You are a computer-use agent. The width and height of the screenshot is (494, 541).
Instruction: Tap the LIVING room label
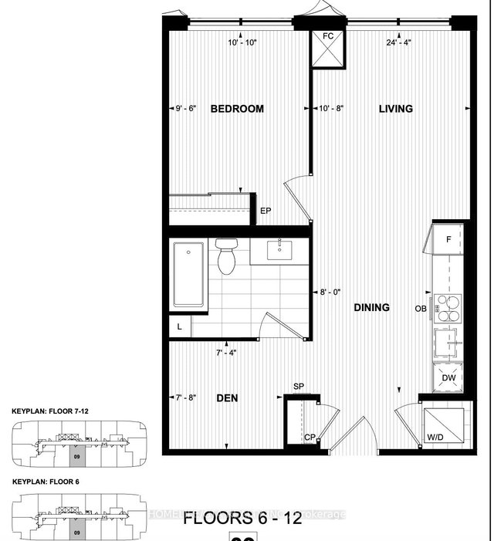[x=395, y=109]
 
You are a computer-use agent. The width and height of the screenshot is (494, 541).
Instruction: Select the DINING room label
[x=371, y=307]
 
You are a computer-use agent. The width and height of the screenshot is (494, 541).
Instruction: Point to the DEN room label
[x=227, y=399]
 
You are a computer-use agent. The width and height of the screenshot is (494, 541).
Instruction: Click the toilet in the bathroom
[x=226, y=257]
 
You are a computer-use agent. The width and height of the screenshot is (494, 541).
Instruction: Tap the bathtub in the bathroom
[x=188, y=275]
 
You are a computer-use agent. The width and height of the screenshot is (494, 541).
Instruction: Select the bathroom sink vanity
[x=278, y=251]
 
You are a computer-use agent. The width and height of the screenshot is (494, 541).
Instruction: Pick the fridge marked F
[x=448, y=239]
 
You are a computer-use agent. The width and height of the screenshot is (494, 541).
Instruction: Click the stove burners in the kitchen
[x=447, y=307]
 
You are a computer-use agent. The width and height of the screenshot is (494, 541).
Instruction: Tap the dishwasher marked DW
[x=448, y=377]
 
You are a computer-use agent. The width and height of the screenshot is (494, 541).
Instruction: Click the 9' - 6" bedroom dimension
[x=186, y=109]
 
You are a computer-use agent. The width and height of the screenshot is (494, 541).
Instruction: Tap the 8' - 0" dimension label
[x=330, y=292]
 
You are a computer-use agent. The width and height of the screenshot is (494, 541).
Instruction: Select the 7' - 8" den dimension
[x=186, y=398]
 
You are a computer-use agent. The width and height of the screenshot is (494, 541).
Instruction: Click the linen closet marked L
[x=180, y=327]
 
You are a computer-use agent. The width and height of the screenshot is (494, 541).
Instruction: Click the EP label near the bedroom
[x=265, y=210]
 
